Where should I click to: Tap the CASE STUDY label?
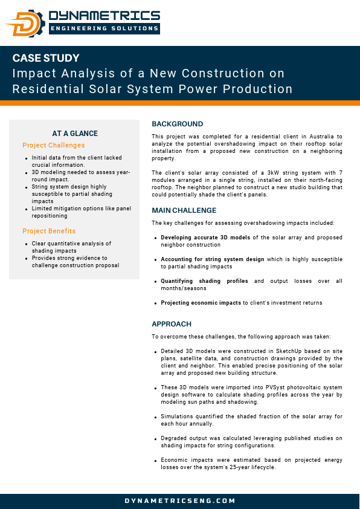coord(46,59)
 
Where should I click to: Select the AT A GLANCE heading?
coord(75,134)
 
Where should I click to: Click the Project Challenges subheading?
coord(54,145)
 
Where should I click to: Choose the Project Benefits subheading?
coord(49,231)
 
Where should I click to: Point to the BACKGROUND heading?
coord(178,124)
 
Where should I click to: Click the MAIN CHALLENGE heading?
coord(184,210)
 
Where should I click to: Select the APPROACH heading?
coord(172,324)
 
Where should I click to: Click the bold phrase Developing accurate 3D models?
coord(205,237)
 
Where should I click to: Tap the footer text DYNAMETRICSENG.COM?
coord(180,501)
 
